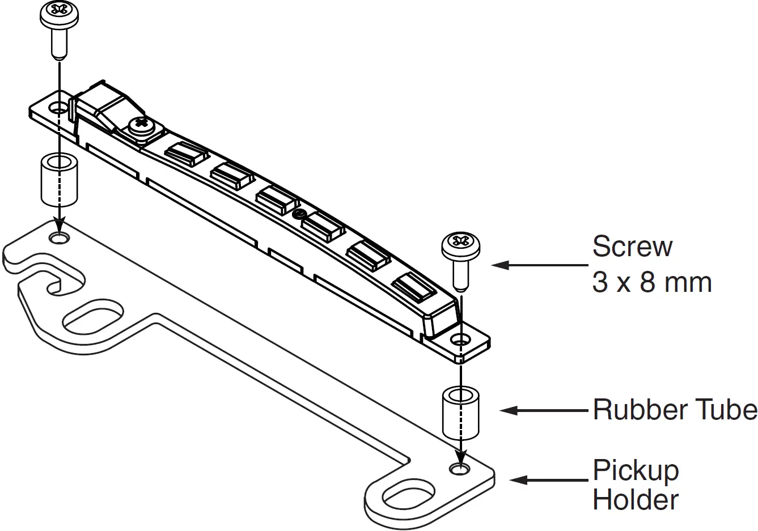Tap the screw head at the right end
point(461,245)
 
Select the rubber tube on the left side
point(59,180)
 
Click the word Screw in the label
point(632,247)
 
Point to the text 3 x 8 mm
point(651,282)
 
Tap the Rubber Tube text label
point(674,409)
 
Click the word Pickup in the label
point(635,470)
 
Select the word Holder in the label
point(635,500)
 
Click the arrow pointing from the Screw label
point(539,265)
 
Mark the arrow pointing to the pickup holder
point(548,480)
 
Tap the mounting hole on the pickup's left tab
point(58,107)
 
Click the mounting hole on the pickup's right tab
point(460,341)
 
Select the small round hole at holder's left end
point(58,238)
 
